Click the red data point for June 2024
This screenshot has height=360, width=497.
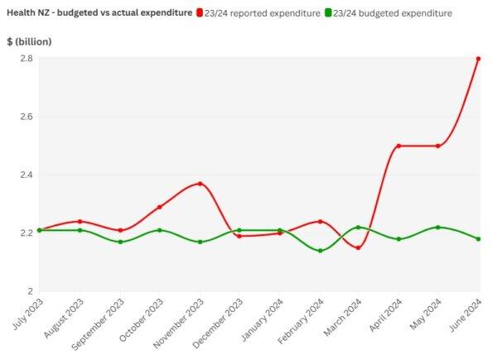click(479, 59)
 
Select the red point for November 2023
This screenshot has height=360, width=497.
click(200, 184)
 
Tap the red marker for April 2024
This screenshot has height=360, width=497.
click(399, 146)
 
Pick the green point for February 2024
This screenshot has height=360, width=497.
click(320, 251)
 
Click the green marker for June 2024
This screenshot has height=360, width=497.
click(479, 239)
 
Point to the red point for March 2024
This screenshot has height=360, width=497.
click(359, 247)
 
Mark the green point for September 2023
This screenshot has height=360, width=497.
click(120, 242)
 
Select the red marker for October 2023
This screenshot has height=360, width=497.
click(160, 207)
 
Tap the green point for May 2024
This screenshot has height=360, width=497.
click(438, 227)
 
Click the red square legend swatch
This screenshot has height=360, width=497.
click(200, 14)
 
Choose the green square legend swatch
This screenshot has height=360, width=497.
click(329, 14)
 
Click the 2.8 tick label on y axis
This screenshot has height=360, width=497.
click(26, 59)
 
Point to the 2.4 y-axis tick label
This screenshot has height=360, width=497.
click(26, 175)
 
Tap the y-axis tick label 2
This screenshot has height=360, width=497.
click(29, 291)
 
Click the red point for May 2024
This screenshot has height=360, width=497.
click(438, 146)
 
